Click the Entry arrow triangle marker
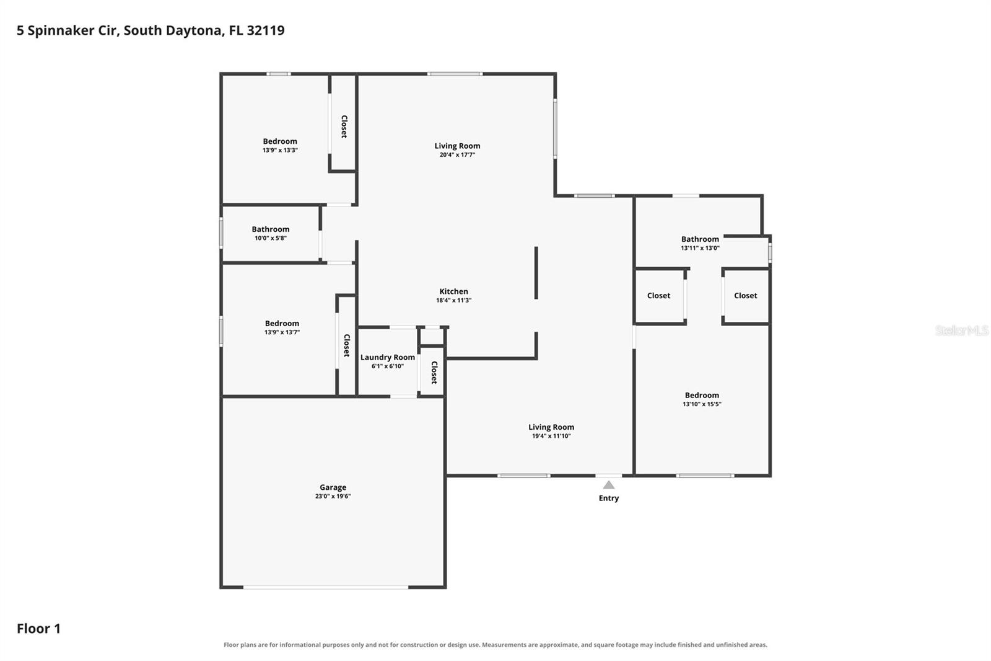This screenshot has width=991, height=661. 609,485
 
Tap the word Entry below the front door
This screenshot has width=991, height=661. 609,498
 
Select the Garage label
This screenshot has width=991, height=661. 333,487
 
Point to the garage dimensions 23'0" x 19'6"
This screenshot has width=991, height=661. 333,496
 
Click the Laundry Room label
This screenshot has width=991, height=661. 388,357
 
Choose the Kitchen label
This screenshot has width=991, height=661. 453,291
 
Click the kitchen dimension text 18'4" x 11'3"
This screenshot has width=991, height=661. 453,300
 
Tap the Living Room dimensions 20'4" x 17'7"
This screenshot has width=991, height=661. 457,154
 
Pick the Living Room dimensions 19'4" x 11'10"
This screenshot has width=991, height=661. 551,436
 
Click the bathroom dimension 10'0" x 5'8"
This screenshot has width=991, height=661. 270,238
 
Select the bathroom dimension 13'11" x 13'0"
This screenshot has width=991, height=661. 700,248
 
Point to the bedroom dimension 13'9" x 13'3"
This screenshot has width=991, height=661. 280,150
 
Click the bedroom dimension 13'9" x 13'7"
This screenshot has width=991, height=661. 282,332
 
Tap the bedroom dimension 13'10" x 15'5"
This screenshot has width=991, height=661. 702,404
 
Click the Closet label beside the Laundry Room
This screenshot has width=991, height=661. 434,373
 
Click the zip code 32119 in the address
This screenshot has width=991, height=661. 266,30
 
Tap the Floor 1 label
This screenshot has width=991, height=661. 38,629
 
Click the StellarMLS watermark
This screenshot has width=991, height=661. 962,331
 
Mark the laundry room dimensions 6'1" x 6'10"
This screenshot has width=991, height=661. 388,366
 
